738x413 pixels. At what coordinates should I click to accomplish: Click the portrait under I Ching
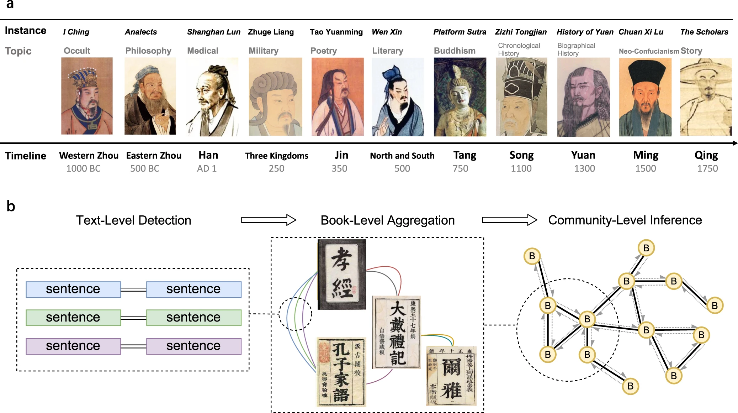(87, 96)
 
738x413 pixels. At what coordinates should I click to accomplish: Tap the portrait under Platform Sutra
(460, 97)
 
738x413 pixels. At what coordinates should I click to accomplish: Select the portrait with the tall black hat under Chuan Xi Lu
(645, 97)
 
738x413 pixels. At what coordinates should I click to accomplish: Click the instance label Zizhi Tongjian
(521, 32)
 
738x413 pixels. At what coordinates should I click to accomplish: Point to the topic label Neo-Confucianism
(649, 51)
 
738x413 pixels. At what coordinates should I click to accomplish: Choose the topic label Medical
(202, 51)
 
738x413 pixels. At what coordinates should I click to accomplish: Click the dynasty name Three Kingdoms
(276, 156)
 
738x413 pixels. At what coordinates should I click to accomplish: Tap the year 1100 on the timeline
(521, 168)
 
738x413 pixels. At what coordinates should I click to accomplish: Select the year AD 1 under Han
(207, 168)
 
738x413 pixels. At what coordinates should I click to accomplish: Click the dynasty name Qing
(706, 155)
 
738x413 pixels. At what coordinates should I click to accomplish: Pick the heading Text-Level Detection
(133, 220)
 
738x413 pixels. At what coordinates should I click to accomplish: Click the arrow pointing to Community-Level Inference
(509, 220)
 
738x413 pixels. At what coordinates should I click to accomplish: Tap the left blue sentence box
(73, 289)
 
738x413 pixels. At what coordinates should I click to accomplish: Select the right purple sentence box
(194, 346)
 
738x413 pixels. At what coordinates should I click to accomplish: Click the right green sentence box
(194, 318)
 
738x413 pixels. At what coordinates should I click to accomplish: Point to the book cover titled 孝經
(342, 274)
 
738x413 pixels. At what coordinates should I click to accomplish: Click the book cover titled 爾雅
(451, 376)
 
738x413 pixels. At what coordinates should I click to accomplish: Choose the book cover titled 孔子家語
(341, 372)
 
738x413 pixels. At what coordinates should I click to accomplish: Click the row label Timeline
(26, 156)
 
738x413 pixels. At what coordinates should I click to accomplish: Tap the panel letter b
(11, 206)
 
